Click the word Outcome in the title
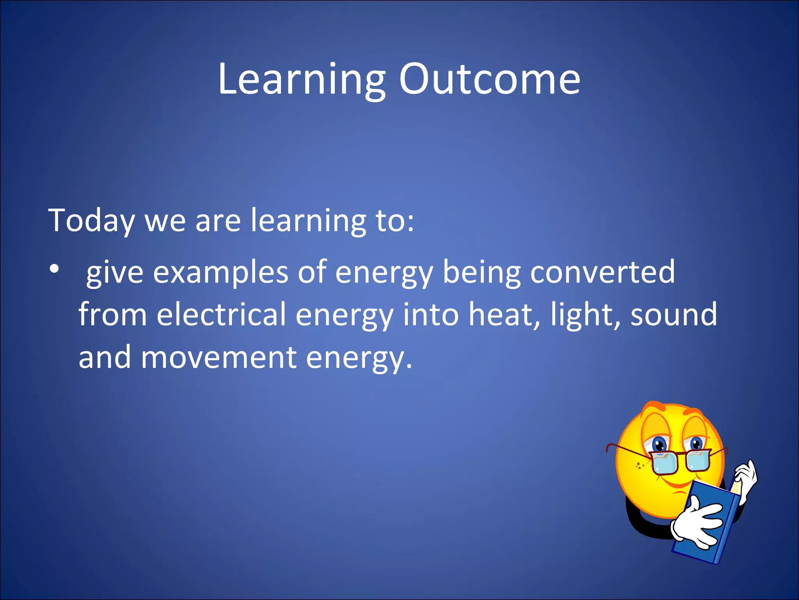point(490,79)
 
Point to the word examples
point(220,273)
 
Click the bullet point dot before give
point(54,269)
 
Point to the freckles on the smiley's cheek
point(639,465)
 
